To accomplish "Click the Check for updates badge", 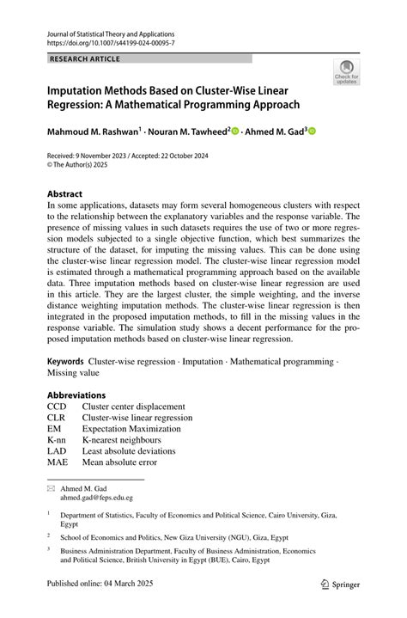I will [x=346, y=72].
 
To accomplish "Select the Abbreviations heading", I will [x=77, y=395].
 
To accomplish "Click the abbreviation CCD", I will [x=58, y=407].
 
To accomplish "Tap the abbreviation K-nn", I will [x=58, y=440].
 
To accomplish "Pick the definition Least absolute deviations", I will [x=129, y=451].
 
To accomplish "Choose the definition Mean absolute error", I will [x=119, y=462].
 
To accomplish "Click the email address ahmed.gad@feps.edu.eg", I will [x=96, y=497].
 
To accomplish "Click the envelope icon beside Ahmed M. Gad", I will [x=51, y=487].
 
